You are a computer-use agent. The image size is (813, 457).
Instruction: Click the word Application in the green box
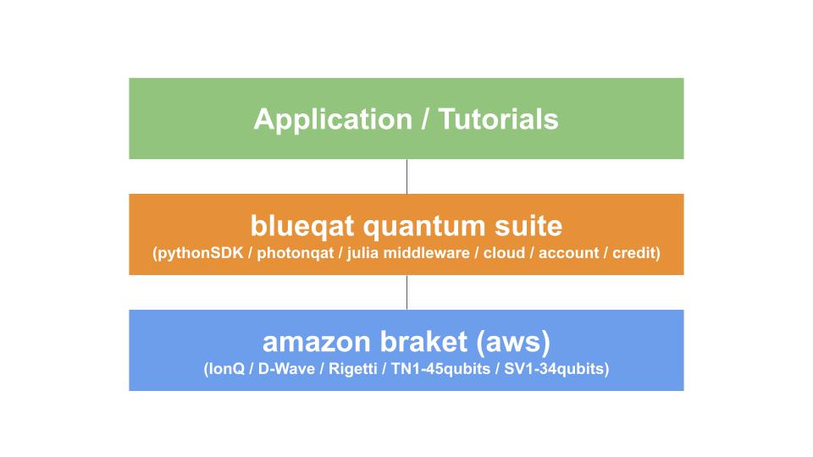(x=333, y=120)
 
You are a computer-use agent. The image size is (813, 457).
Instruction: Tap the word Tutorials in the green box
(x=498, y=119)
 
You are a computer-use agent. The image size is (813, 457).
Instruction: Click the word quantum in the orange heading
(x=424, y=227)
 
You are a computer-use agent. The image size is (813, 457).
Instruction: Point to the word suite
(x=528, y=225)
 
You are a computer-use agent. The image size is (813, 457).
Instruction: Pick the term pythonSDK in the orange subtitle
(x=200, y=253)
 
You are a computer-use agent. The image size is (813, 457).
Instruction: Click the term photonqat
(x=295, y=253)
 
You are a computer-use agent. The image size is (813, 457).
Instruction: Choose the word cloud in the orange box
(x=504, y=252)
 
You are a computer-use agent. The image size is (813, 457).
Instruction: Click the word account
(x=569, y=253)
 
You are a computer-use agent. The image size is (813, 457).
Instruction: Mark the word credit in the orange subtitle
(x=634, y=252)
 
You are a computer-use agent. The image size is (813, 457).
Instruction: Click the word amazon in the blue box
(x=316, y=343)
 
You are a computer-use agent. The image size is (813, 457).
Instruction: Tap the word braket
(x=423, y=341)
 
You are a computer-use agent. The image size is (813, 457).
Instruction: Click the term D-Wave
(x=286, y=368)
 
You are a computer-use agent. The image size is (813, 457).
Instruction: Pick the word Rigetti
(x=353, y=368)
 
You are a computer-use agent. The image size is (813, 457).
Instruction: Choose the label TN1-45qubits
(x=440, y=368)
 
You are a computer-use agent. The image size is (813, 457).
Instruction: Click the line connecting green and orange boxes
(x=407, y=176)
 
